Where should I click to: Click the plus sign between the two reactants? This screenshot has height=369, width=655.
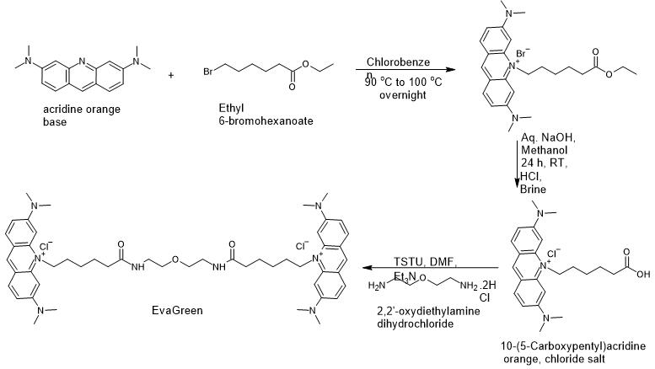pos(172,75)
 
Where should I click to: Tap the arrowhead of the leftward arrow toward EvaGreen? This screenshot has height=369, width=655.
pos(365,270)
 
